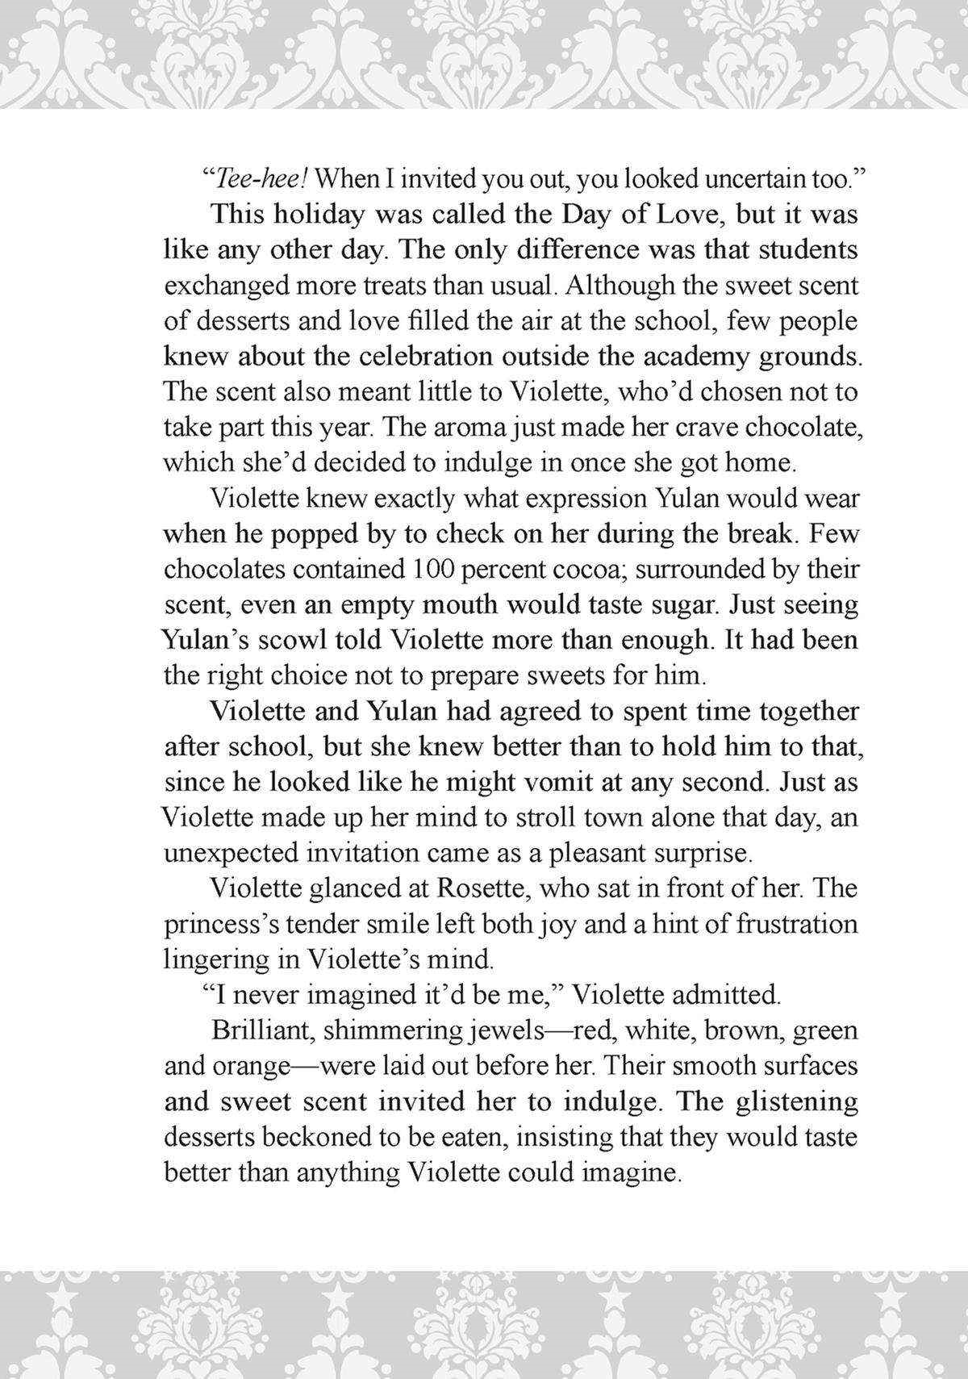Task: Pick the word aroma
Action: point(443,427)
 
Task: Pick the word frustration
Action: point(797,924)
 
